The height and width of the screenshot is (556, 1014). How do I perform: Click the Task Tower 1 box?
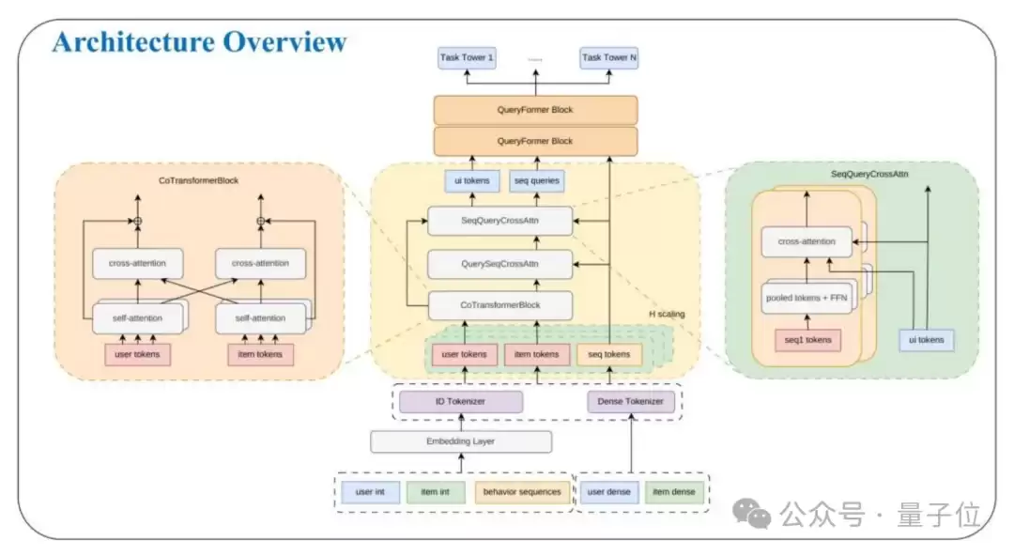pos(467,57)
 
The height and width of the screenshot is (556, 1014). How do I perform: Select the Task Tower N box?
pos(608,57)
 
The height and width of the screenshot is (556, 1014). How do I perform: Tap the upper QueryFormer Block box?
pos(535,110)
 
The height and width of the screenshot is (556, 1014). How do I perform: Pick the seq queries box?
pos(537,181)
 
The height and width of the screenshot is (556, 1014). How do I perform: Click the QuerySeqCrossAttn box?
pos(499,264)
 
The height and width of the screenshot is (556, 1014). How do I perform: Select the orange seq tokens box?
pos(609,355)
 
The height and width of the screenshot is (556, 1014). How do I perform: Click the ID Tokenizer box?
pos(460,402)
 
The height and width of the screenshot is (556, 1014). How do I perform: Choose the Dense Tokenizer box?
pos(631,402)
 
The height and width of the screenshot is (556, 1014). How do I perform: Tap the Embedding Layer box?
pos(460,441)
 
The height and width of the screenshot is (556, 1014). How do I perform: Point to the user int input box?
pos(370,492)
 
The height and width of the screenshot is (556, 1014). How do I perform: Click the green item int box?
pos(436,492)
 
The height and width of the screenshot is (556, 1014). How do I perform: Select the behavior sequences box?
pos(522,492)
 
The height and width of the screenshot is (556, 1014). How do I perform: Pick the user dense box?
pos(608,492)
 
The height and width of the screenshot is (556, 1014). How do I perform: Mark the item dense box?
pos(674,492)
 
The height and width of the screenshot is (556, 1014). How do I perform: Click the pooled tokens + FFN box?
pos(807,298)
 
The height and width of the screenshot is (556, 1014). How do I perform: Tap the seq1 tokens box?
pos(807,340)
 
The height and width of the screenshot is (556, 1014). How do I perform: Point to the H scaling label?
pos(667,314)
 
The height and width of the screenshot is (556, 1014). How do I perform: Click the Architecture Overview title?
pos(200,42)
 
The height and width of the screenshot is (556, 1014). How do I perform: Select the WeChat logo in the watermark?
pos(751,514)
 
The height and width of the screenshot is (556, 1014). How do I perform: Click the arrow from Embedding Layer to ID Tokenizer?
pos(461,422)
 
